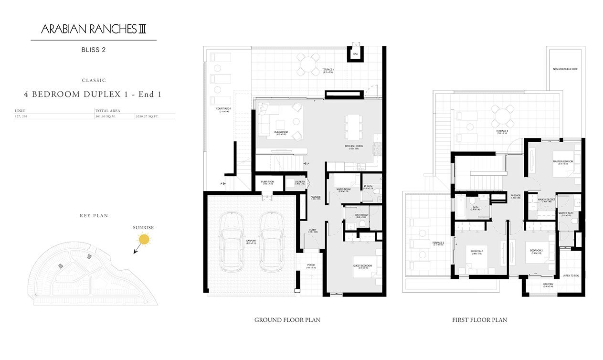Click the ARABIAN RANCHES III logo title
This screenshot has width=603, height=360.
click(x=94, y=30)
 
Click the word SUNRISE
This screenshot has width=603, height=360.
click(x=144, y=228)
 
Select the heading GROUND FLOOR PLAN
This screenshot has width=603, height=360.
click(x=287, y=320)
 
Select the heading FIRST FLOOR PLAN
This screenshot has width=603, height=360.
click(x=479, y=320)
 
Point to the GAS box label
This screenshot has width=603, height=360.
click(x=355, y=54)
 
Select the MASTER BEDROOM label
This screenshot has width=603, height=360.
click(x=563, y=161)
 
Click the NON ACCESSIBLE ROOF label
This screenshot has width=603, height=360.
click(x=565, y=69)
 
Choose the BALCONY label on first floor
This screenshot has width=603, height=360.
click(x=548, y=284)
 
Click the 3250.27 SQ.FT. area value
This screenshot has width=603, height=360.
click(x=148, y=116)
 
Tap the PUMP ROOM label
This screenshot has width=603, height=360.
click(x=267, y=182)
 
